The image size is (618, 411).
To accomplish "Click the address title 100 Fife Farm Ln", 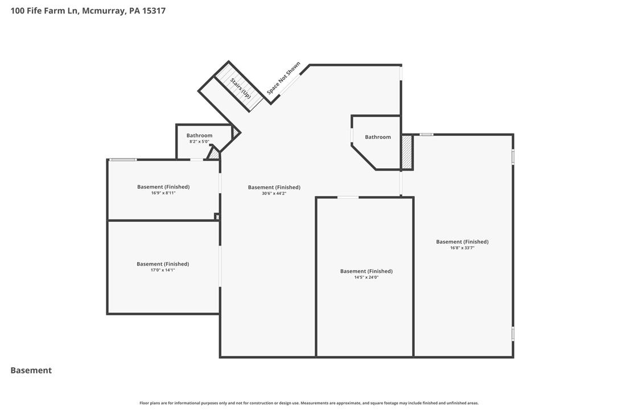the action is [45, 11].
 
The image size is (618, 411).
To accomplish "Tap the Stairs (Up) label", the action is [240, 88].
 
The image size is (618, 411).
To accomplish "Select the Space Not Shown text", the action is [283, 78].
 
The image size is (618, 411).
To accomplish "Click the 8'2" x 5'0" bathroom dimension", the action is [199, 142].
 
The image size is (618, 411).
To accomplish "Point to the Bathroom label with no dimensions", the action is [378, 137].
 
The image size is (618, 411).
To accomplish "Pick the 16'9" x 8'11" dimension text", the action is [163, 193].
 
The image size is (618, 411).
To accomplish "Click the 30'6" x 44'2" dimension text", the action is [274, 193].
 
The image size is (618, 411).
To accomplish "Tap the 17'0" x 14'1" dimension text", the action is [162, 270].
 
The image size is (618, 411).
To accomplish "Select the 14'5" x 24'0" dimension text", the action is [366, 277].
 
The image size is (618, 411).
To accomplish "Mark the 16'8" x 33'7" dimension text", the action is [462, 248].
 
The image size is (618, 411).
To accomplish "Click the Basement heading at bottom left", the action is [31, 371].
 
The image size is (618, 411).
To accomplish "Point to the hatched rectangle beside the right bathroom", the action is [407, 152].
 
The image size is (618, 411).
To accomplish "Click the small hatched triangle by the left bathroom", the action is [214, 154].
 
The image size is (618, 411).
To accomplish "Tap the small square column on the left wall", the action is [217, 217].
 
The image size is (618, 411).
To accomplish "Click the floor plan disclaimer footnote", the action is [309, 403].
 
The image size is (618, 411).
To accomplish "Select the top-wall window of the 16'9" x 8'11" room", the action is [123, 159].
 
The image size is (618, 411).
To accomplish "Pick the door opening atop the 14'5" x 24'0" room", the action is [348, 197].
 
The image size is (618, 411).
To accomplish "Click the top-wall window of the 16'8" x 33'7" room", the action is [426, 135].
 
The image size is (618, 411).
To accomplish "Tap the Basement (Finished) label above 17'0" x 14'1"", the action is [163, 264].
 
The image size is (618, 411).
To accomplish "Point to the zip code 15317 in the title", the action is [154, 11].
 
